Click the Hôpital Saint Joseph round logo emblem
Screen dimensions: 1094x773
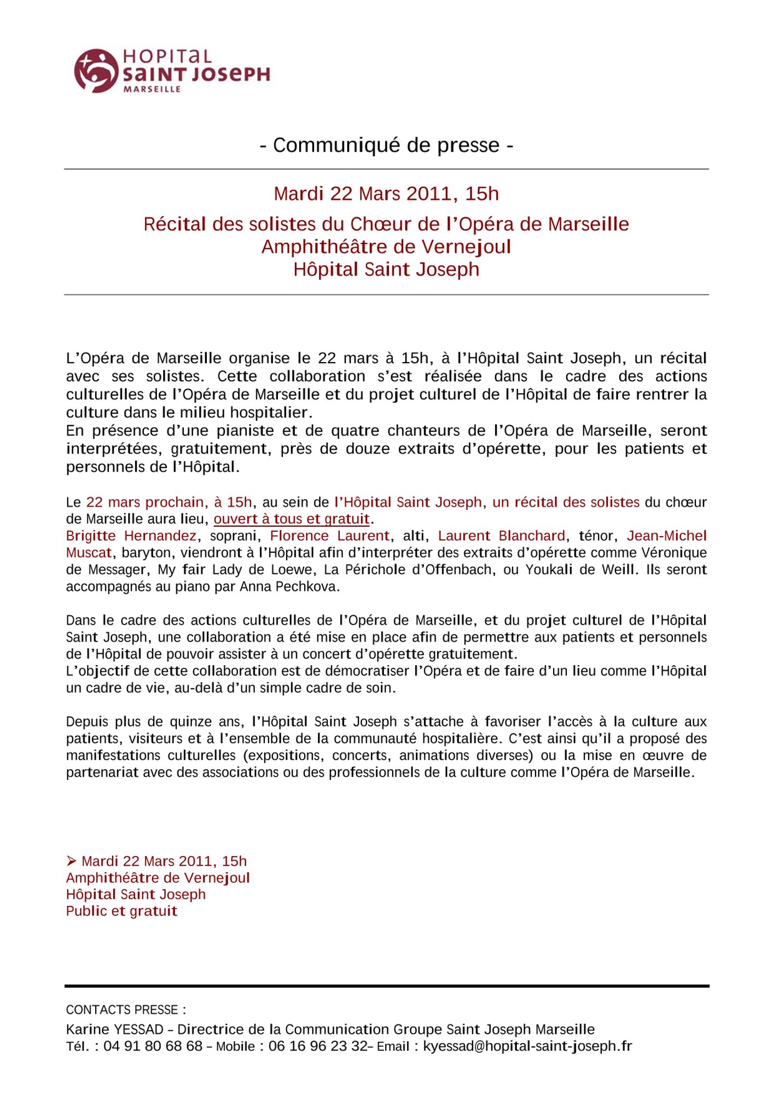coord(96,71)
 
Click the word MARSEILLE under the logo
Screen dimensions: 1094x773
coord(152,89)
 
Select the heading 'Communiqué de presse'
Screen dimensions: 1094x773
coord(386,145)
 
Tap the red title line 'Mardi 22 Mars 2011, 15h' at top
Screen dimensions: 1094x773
coord(386,194)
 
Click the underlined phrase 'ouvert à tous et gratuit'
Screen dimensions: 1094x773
coord(292,519)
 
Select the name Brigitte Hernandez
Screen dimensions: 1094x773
coord(131,536)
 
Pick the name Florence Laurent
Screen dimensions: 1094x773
coord(330,536)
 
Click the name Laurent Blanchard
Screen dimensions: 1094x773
coord(502,536)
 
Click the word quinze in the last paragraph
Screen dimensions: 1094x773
coord(189,722)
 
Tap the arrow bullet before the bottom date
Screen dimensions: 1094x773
coord(71,861)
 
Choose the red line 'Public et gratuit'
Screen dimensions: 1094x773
coord(122,911)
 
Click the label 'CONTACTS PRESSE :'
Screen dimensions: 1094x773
coord(126,1010)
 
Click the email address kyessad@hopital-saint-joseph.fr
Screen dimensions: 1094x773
coord(527,1046)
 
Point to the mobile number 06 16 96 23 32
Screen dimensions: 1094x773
coord(318,1046)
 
